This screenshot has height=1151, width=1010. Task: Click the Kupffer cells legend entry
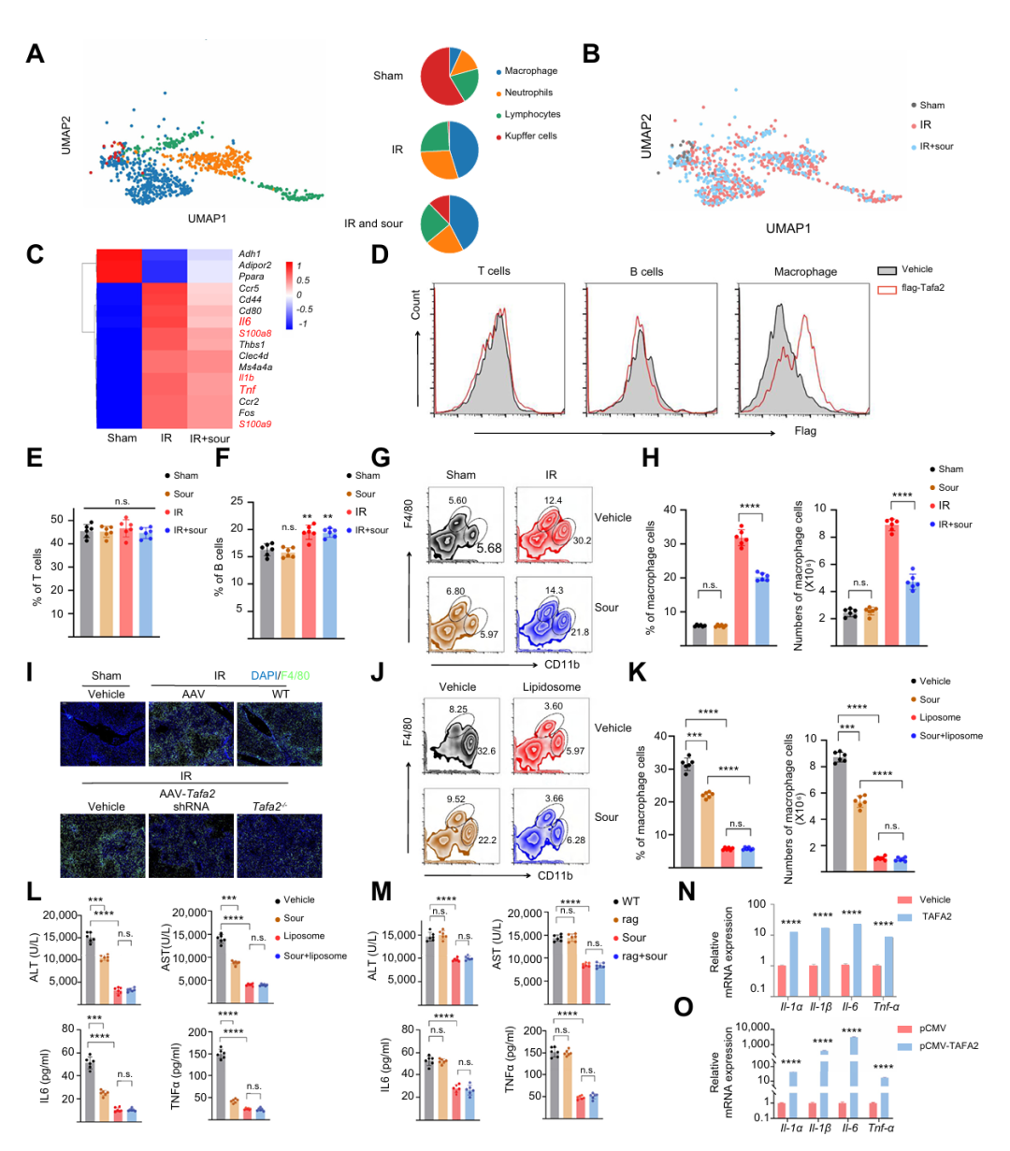530,136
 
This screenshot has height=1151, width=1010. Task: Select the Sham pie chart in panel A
450,76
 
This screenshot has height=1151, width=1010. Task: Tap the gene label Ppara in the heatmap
250,277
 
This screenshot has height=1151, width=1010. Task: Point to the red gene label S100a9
254,424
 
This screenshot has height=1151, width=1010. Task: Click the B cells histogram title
646,272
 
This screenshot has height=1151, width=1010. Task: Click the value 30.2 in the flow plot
582,540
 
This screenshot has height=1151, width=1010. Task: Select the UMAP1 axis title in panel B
787,228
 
